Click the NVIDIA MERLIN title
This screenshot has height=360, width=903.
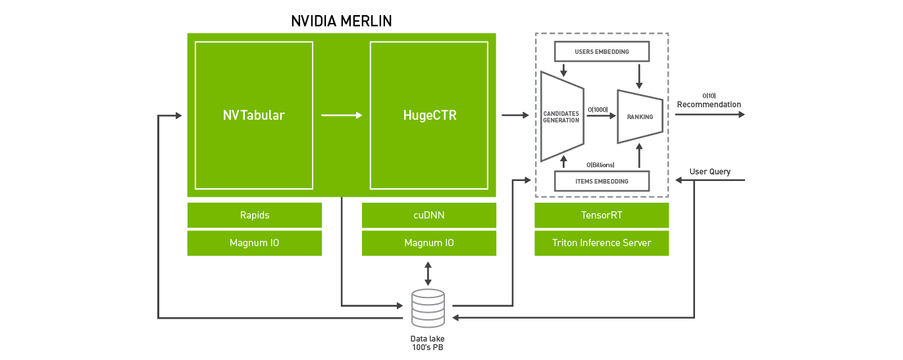tap(342, 21)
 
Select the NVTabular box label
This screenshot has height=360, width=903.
tap(253, 115)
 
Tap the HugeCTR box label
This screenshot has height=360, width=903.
tap(430, 115)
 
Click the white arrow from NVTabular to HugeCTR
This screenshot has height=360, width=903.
tap(342, 115)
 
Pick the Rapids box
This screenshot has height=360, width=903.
tap(254, 215)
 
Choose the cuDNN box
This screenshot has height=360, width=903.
tap(429, 215)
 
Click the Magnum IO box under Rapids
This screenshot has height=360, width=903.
tap(254, 243)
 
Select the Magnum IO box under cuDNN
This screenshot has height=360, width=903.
tap(429, 243)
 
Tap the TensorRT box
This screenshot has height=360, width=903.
tap(602, 215)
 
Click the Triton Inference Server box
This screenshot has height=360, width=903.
tap(602, 243)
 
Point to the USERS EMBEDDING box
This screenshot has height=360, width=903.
tap(602, 51)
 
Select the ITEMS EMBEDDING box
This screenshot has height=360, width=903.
tap(602, 181)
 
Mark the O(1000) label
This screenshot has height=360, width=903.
tap(598, 110)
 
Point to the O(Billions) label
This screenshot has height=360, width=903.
tap(601, 165)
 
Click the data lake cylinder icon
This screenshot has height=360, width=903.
tap(428, 308)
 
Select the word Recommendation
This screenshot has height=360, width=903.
tap(709, 105)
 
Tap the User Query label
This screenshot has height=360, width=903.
tap(710, 172)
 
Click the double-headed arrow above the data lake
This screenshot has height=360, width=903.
tap(428, 274)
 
